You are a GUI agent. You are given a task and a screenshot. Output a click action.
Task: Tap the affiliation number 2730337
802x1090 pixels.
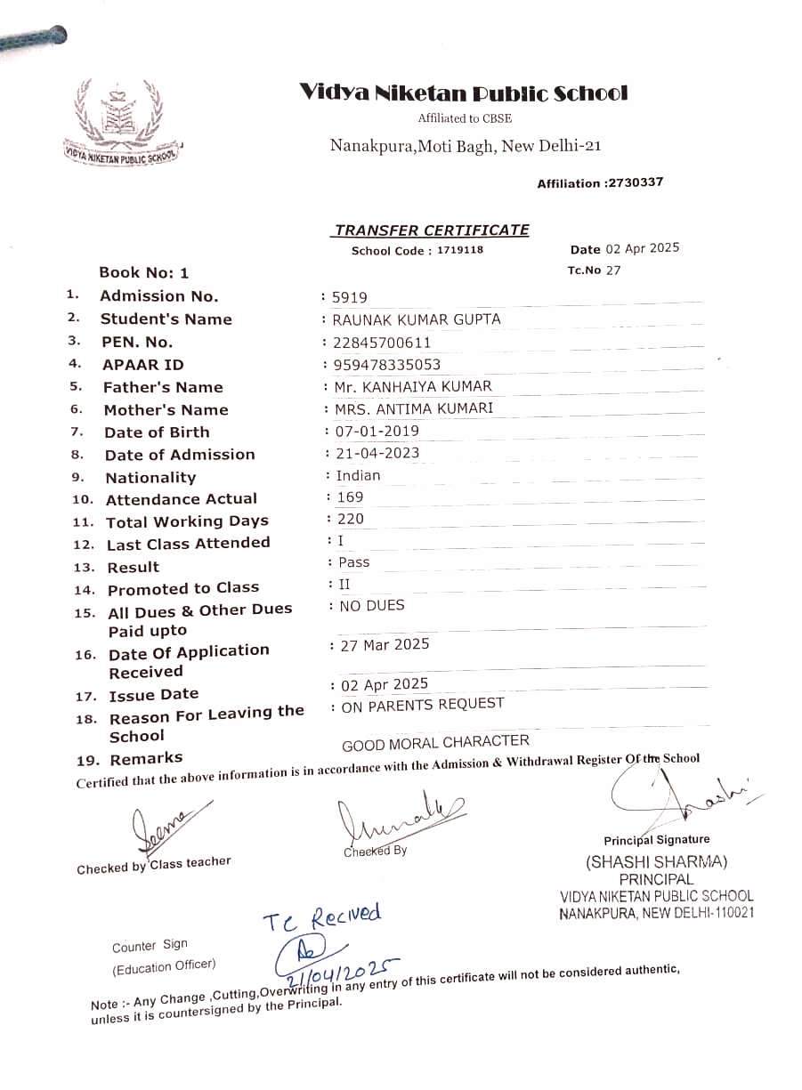click(x=634, y=183)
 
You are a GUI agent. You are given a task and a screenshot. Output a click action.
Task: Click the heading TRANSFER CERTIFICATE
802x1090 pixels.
click(x=431, y=230)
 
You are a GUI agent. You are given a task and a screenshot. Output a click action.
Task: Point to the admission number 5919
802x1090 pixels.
click(x=349, y=298)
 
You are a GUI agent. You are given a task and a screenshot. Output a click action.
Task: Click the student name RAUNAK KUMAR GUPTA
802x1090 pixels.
click(x=416, y=319)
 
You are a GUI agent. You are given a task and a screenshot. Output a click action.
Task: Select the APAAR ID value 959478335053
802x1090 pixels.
click(x=387, y=365)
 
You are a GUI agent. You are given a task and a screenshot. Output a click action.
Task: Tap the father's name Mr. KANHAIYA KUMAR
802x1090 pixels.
click(x=413, y=387)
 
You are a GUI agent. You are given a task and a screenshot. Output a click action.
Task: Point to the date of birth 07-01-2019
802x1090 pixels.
click(x=377, y=432)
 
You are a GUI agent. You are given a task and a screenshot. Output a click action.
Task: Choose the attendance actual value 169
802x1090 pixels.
click(x=351, y=497)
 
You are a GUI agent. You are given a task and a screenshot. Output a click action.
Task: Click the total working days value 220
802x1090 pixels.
click(x=351, y=519)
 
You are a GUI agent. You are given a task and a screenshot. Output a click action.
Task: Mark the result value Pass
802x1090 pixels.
click(x=354, y=562)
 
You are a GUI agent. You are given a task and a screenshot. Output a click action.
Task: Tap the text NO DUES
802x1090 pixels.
click(x=372, y=606)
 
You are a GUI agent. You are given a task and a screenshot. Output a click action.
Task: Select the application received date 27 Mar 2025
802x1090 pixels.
click(x=385, y=644)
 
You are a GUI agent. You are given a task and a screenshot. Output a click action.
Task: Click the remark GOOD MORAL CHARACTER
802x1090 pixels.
click(x=435, y=742)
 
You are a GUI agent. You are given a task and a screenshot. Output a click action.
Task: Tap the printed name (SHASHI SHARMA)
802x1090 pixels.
click(x=656, y=862)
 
